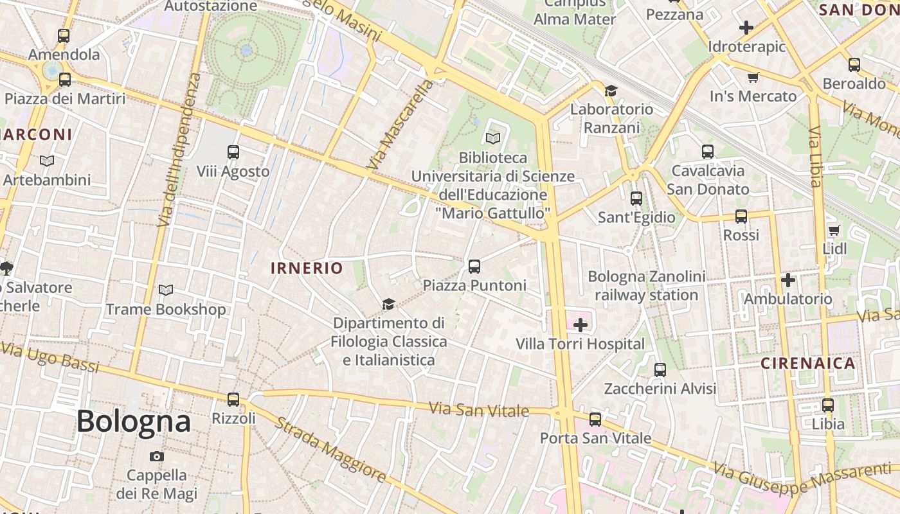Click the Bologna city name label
(x=134, y=421)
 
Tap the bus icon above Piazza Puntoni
(x=474, y=266)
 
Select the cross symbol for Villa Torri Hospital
(x=580, y=325)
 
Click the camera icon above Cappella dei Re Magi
(x=156, y=456)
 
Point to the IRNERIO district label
(x=307, y=268)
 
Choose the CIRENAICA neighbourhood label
(x=808, y=363)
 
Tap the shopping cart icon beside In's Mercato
(x=753, y=77)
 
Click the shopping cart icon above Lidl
(x=834, y=230)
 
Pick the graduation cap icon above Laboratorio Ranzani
(x=611, y=91)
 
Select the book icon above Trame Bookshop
(x=166, y=290)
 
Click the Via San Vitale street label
(x=479, y=409)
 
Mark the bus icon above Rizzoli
(x=233, y=399)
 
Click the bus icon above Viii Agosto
(x=233, y=152)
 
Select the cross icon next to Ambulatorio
(x=788, y=280)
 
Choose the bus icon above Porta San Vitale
(x=595, y=420)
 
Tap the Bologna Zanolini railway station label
(x=647, y=286)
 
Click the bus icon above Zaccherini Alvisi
(x=660, y=370)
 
